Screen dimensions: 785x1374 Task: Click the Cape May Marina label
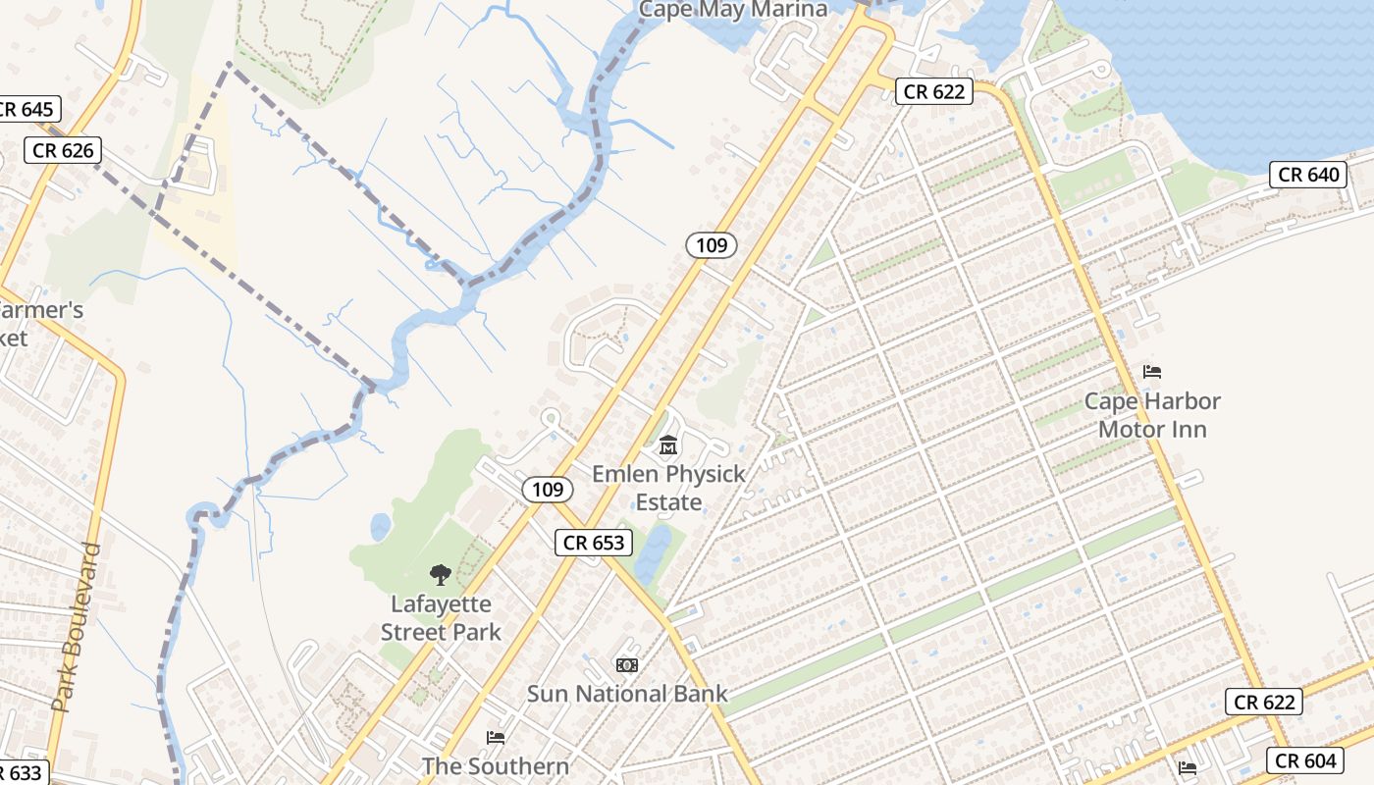point(733,10)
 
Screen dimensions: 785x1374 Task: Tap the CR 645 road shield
point(27,109)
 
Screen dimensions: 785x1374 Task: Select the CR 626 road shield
point(63,150)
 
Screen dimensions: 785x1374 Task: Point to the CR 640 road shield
point(1309,175)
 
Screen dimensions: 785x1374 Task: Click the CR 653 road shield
point(594,543)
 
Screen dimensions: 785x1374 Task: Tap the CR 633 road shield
point(22,772)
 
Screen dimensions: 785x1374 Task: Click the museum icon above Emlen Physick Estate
point(668,446)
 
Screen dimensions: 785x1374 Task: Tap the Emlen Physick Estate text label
point(668,488)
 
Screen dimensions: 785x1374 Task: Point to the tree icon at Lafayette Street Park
point(441,575)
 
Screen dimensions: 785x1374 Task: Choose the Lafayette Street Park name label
point(441,618)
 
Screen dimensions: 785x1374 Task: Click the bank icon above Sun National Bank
point(627,665)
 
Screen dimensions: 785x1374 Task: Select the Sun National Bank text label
point(627,694)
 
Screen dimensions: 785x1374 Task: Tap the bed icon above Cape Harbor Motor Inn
point(1152,372)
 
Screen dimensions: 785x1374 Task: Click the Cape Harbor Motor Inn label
point(1152,415)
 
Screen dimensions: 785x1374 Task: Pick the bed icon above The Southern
point(496,737)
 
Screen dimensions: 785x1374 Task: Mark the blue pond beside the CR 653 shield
point(653,552)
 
